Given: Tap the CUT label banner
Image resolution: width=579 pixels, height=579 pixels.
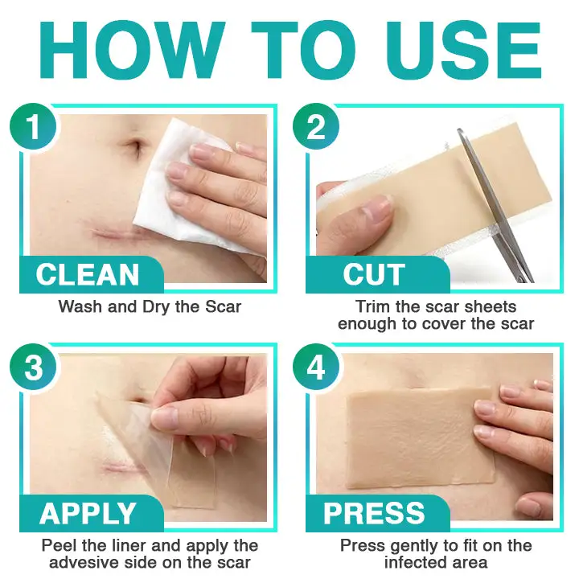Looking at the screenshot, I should coord(374,275).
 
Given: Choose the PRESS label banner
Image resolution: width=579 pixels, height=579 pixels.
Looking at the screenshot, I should coord(374,513).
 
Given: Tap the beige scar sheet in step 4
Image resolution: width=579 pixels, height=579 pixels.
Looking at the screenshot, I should coord(418,438).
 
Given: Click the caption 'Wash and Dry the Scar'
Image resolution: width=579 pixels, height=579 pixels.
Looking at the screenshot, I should coord(149,306).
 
